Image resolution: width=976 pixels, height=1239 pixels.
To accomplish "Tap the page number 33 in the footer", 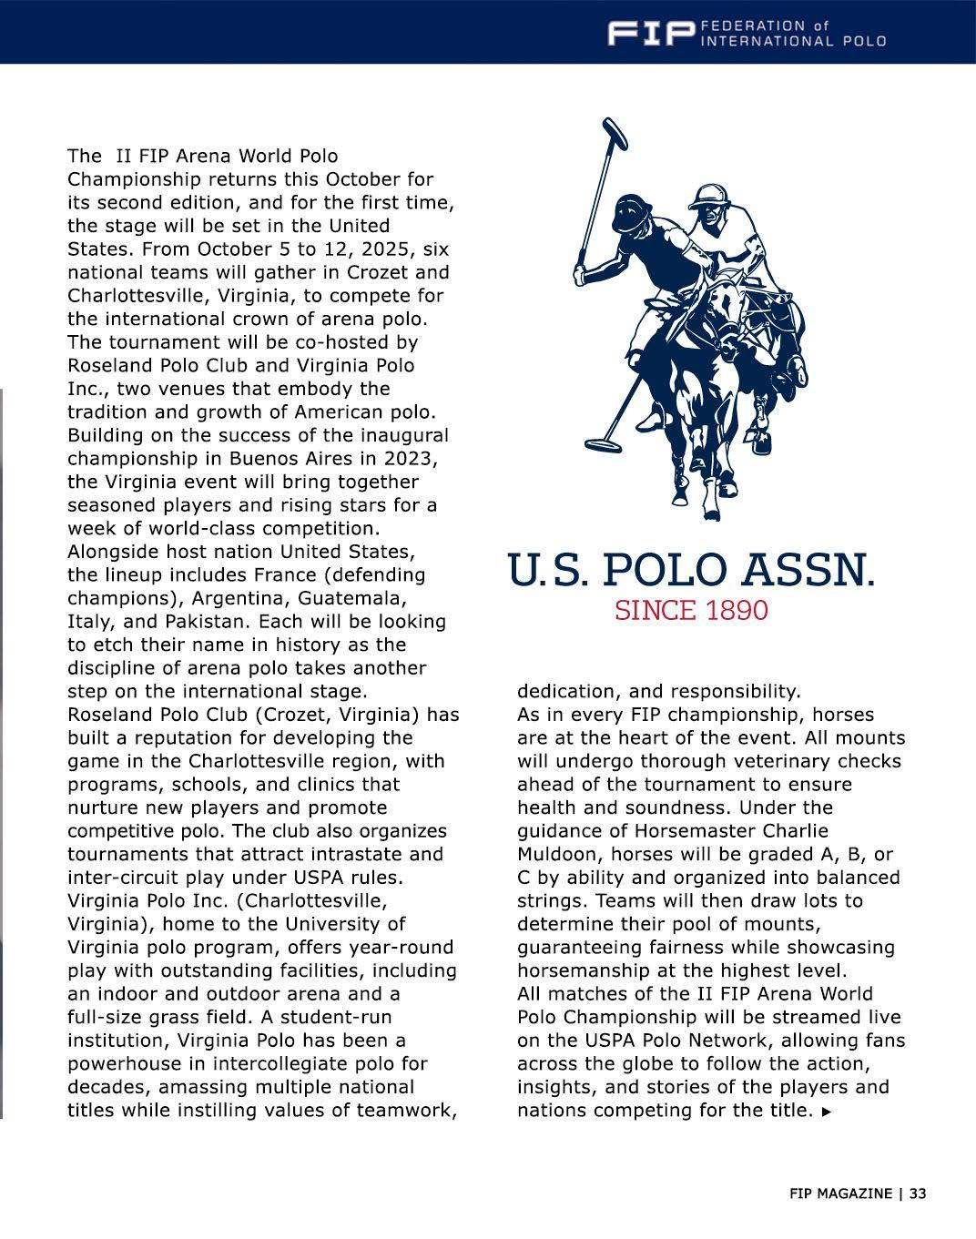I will pyautogui.click(x=917, y=1194).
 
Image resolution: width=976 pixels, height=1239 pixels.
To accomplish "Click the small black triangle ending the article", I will pyautogui.click(x=826, y=1112).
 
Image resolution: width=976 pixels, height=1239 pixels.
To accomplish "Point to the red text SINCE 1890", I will pyautogui.click(x=691, y=610).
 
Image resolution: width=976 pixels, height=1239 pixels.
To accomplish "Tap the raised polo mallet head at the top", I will pyautogui.click(x=616, y=134).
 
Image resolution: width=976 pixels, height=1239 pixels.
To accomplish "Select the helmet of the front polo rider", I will pyautogui.click(x=708, y=194).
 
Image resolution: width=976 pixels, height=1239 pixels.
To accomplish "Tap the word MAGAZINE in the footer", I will pyautogui.click(x=853, y=1194).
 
